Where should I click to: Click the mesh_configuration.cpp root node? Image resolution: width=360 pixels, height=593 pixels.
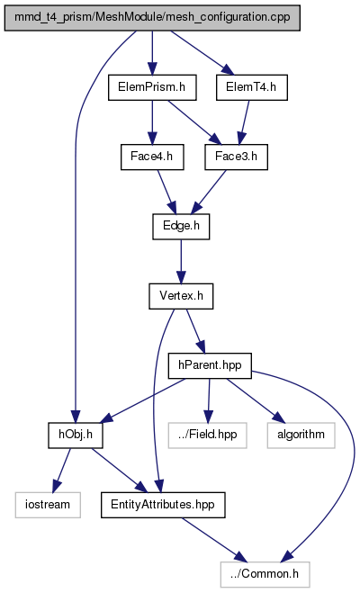(152, 18)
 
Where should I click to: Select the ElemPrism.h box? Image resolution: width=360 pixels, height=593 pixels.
(152, 88)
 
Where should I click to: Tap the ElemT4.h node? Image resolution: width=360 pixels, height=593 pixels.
(252, 88)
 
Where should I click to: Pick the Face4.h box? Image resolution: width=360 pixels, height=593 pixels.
(152, 157)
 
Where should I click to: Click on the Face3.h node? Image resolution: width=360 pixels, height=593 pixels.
(237, 157)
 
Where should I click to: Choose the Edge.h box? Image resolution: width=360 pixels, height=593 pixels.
(181, 227)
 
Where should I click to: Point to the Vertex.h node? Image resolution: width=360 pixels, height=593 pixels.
(181, 296)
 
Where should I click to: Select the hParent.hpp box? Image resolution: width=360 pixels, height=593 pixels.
(210, 365)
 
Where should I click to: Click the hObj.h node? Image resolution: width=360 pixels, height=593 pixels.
(76, 436)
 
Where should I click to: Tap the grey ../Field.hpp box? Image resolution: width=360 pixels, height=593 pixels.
(208, 436)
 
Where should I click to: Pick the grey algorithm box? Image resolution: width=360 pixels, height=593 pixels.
(301, 436)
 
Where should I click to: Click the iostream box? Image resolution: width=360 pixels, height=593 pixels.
(48, 505)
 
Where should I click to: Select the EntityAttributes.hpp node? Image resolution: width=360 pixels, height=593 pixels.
(163, 505)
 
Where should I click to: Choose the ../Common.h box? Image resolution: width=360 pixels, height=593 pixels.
(265, 574)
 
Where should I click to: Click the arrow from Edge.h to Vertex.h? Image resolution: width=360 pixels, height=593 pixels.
(181, 261)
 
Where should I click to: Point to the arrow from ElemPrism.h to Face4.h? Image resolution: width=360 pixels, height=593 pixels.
(152, 122)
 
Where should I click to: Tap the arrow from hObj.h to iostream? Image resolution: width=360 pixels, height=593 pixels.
(61, 470)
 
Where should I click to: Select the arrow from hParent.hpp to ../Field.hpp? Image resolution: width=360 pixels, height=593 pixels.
(209, 400)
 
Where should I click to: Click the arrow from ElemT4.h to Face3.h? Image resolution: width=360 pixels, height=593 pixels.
(244, 122)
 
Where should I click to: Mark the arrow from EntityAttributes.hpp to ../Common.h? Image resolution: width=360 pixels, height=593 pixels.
(214, 540)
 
